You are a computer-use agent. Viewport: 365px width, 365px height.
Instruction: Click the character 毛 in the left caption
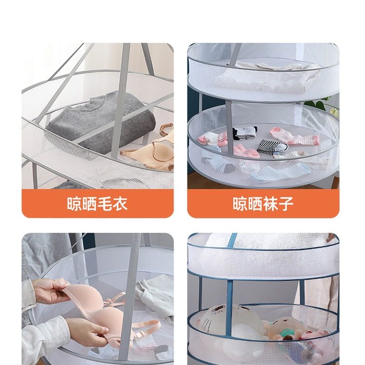point(105,203)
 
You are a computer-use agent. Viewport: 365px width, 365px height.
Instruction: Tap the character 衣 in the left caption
point(120,203)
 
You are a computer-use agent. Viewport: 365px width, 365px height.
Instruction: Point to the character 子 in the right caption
point(286,203)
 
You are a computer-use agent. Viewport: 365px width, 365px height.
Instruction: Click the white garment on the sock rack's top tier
point(273,73)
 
